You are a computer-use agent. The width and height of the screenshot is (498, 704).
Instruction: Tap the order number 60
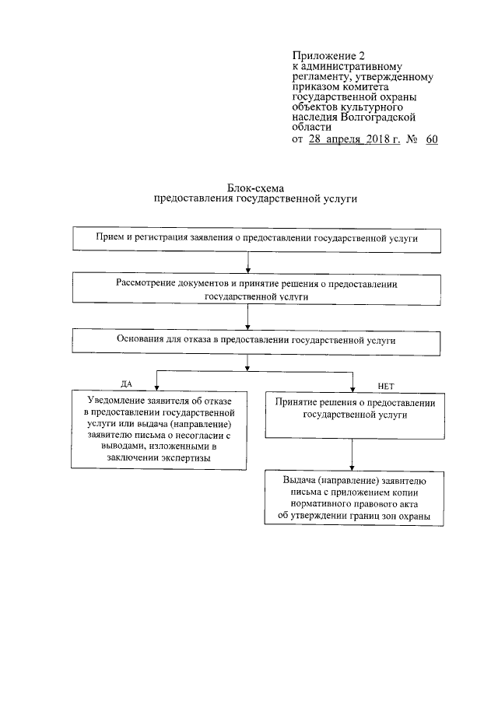click(432, 140)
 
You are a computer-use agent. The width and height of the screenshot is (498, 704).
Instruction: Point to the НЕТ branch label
click(386, 384)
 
